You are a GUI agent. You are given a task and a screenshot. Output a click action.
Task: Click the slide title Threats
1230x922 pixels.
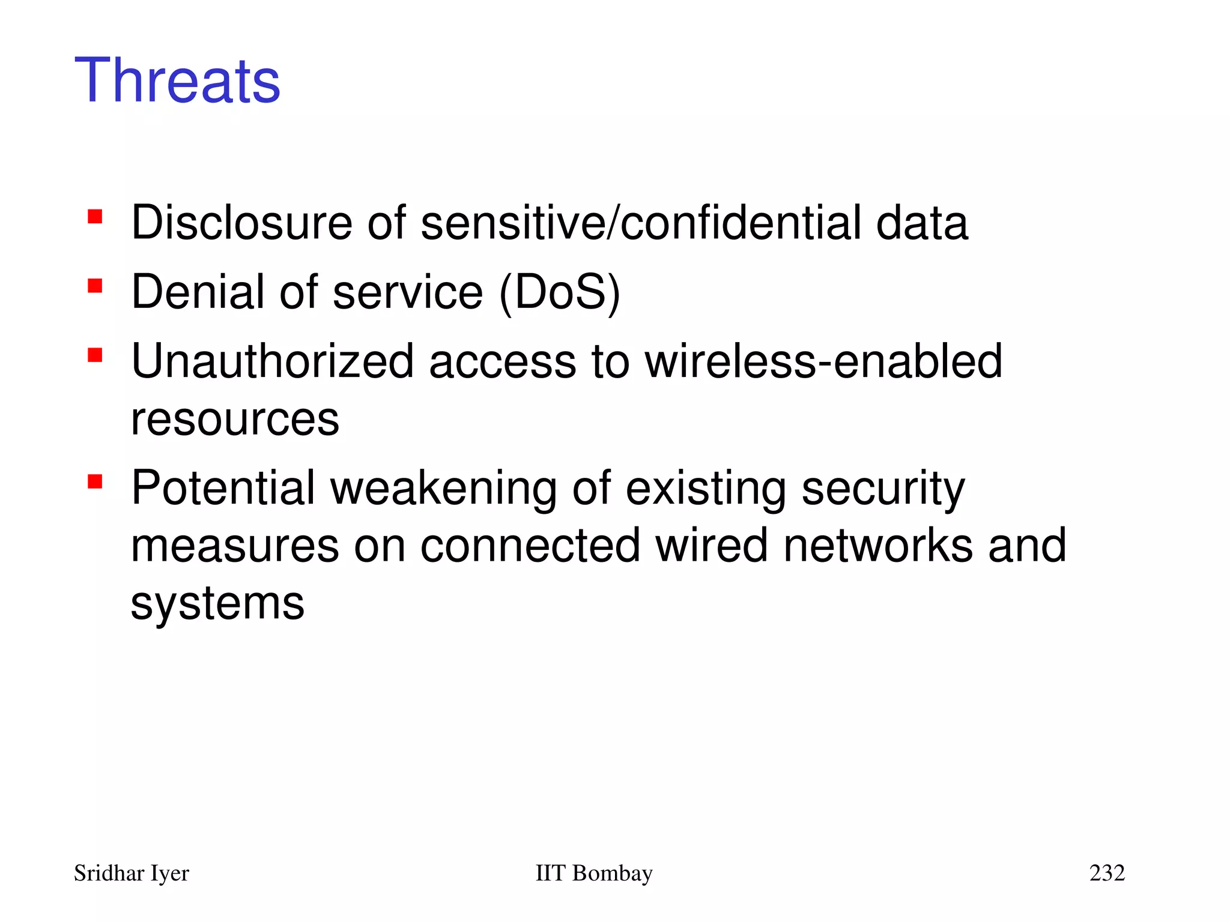coord(177,81)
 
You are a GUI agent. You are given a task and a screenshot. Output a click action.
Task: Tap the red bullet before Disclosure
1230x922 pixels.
coord(95,216)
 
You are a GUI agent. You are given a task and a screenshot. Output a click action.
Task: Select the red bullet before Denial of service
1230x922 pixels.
coord(95,285)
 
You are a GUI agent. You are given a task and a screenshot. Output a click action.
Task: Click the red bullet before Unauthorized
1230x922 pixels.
coord(95,355)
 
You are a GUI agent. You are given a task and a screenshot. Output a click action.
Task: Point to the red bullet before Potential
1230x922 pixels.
coord(95,481)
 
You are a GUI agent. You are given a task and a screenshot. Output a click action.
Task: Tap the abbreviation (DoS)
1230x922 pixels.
coord(559,293)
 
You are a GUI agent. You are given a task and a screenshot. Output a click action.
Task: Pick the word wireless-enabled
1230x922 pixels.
coord(823,362)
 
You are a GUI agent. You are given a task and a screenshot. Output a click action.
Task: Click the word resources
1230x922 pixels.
coord(235,420)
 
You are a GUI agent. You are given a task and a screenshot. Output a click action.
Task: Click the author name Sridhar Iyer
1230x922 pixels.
coord(132,873)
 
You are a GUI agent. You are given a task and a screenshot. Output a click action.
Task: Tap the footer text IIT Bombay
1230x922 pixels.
coord(593,873)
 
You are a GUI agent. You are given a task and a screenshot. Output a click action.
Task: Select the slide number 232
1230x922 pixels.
coord(1107,873)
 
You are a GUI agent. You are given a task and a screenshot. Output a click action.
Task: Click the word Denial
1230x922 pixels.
coord(198,293)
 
